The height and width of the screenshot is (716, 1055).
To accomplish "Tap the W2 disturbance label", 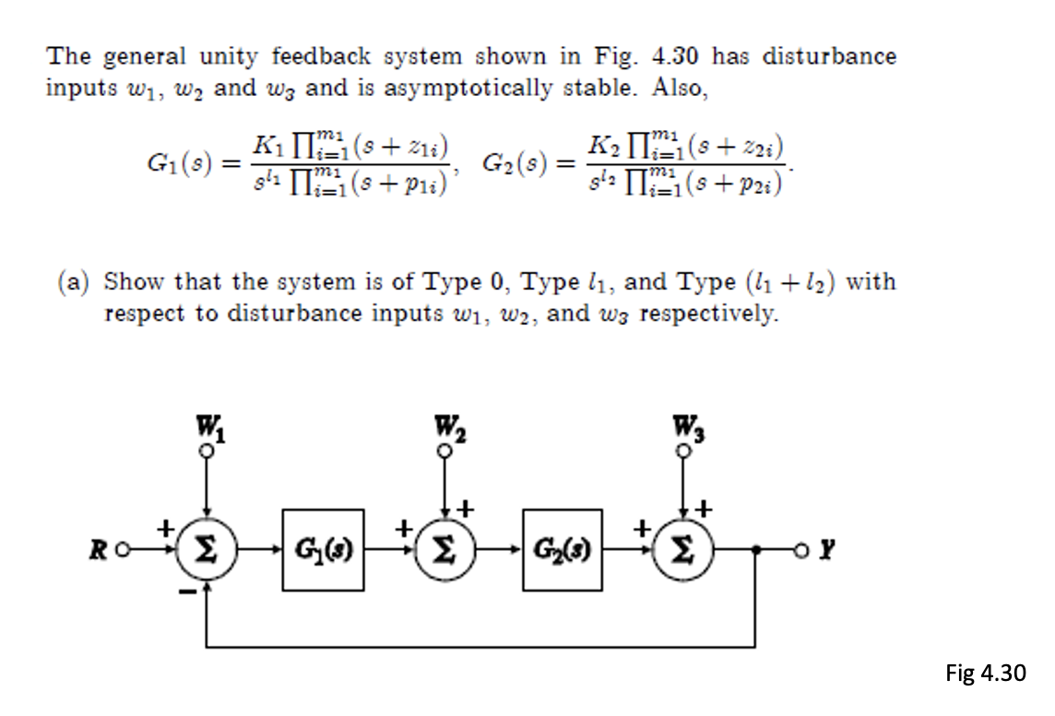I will (x=446, y=430).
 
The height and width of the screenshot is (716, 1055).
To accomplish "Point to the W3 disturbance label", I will (x=685, y=430).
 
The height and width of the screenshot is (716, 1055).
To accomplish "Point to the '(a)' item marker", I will (x=73, y=281).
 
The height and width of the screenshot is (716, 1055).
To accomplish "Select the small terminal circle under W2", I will (x=446, y=451).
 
